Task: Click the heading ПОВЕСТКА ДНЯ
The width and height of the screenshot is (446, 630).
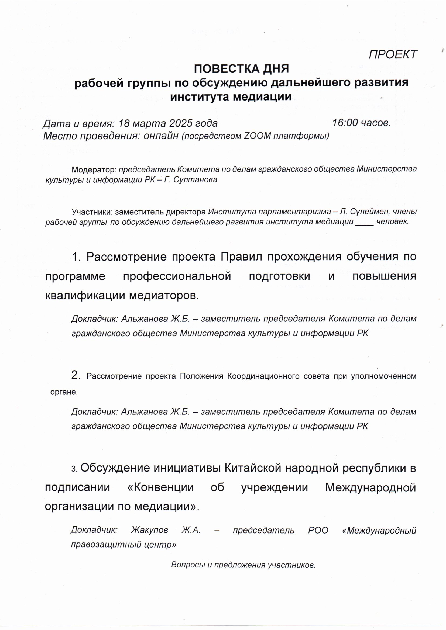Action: point(241,69)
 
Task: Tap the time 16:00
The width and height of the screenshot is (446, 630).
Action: point(345,123)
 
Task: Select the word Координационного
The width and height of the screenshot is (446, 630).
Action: point(263,376)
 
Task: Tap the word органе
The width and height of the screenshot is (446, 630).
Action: point(64,392)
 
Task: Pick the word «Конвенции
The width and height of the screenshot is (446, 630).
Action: point(161,487)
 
